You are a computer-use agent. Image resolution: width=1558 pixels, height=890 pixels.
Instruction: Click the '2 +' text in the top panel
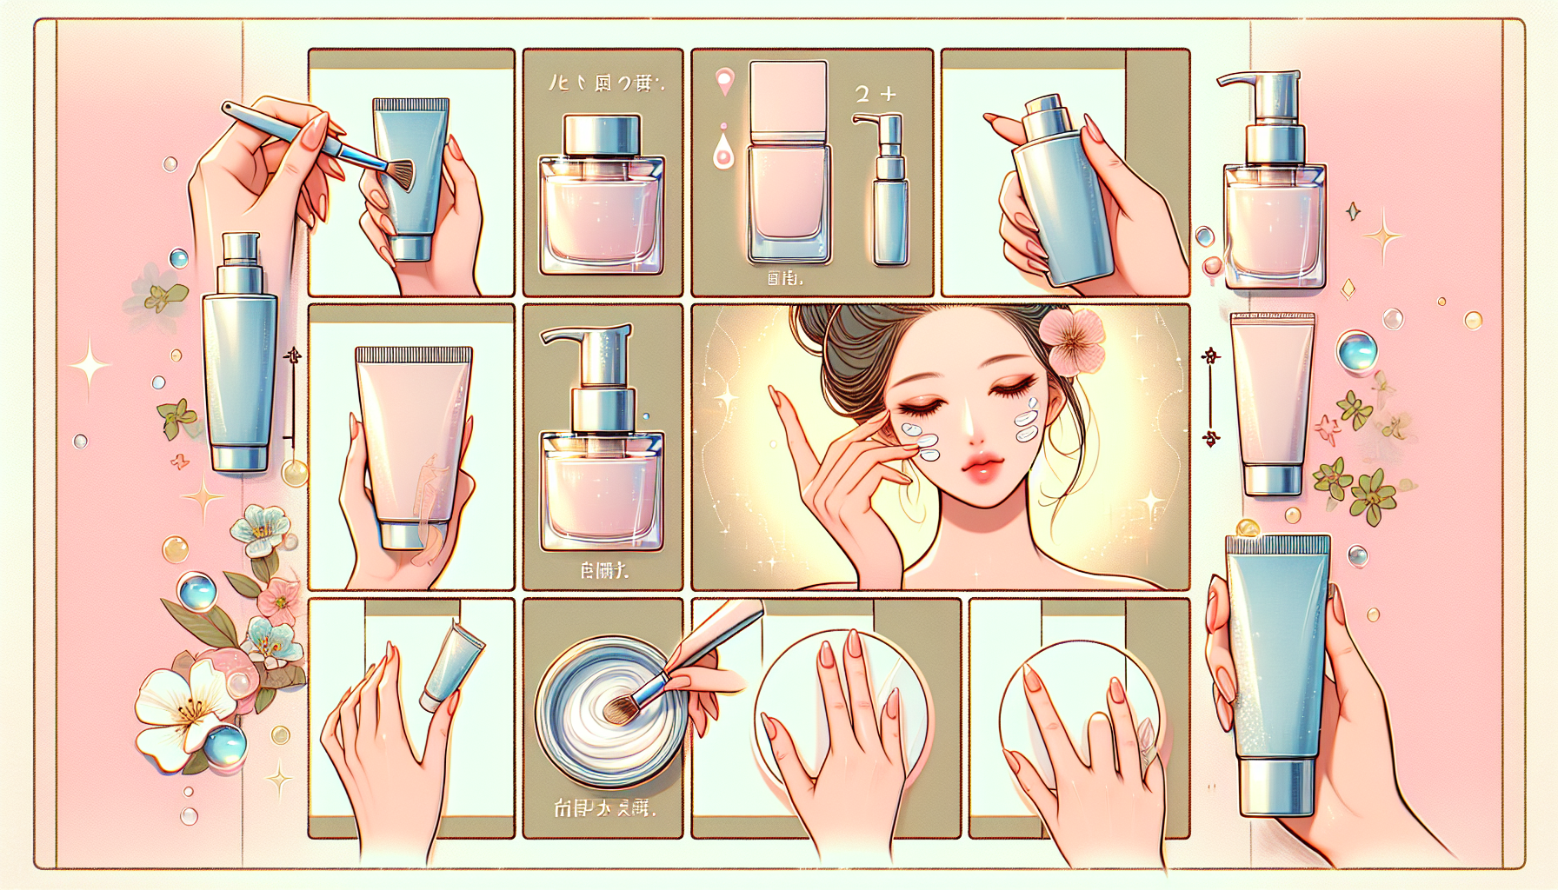tap(875, 94)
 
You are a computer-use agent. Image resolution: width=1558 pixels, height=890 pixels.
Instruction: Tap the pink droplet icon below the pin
tap(722, 153)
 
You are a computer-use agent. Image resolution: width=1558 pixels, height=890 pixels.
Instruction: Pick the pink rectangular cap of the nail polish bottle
tap(788, 96)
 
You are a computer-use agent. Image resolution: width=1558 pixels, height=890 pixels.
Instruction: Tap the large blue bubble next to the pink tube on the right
tap(1357, 351)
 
